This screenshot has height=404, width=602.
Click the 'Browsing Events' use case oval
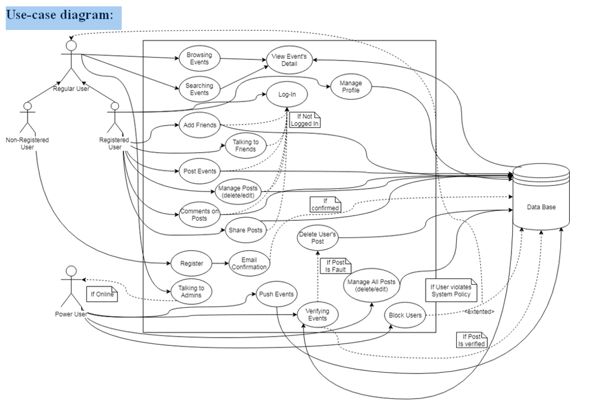tap(199, 59)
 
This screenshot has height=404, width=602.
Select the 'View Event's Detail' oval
tap(289, 60)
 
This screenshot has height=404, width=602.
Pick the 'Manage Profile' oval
tap(350, 87)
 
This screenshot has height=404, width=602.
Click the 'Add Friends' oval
tap(199, 125)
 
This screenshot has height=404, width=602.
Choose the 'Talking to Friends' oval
tap(246, 146)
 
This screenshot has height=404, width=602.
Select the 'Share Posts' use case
tap(245, 230)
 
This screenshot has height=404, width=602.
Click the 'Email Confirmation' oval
tap(250, 263)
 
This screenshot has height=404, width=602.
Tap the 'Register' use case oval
tap(192, 264)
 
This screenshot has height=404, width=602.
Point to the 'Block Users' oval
tap(405, 315)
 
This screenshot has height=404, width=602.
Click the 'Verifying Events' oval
tap(317, 315)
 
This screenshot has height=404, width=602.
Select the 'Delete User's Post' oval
tap(318, 238)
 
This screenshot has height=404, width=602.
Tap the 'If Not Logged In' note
tap(304, 120)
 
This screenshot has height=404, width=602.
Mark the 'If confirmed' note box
tap(325, 204)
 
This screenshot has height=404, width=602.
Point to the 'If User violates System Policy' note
tap(451, 291)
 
